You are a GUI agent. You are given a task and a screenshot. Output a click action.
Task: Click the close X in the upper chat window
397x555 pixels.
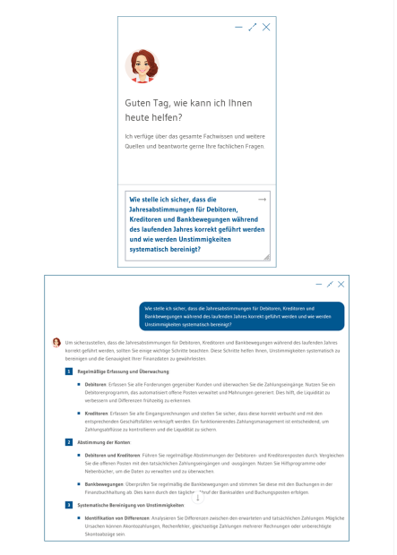tap(266, 28)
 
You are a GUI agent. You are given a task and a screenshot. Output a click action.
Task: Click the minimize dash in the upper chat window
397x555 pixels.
tap(238, 28)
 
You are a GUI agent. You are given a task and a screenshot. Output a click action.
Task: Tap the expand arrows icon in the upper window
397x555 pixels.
tap(252, 28)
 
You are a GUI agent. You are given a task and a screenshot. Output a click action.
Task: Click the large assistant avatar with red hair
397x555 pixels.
tap(141, 66)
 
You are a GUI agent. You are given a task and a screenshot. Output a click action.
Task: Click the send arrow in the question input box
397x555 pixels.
tap(262, 199)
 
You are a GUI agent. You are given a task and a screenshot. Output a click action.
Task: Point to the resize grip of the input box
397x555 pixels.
tap(266, 257)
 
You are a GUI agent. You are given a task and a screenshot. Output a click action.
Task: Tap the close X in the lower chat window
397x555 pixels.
tap(341, 284)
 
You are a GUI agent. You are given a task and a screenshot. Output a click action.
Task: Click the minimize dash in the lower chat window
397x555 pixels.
tap(318, 284)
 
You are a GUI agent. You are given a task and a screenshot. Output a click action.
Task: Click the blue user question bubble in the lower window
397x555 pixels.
tap(241, 315)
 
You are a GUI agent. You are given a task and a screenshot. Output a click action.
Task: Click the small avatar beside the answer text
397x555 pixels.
tap(56, 342)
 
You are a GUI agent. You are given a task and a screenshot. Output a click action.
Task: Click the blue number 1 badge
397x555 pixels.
tap(69, 371)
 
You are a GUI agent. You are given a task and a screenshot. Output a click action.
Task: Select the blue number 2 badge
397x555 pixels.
tap(69, 442)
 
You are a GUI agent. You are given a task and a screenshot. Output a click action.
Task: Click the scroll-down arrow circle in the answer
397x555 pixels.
tap(198, 497)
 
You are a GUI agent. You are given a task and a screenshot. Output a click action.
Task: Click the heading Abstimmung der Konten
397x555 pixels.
tap(104, 442)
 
